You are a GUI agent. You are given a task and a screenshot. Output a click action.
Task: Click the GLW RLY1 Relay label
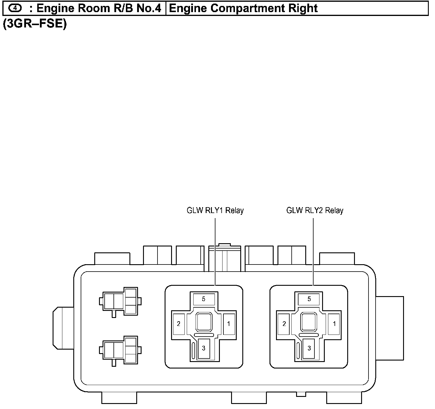tap(215, 211)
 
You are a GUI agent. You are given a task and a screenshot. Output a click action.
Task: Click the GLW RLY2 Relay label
tap(314, 211)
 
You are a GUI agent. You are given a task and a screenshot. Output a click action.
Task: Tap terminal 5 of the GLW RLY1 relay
tap(204, 299)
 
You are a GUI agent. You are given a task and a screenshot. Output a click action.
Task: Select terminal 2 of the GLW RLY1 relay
tap(178, 324)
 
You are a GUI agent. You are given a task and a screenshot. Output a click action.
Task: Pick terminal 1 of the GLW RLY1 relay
tap(228, 324)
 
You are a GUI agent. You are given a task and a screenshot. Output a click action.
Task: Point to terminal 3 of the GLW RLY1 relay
tap(204, 348)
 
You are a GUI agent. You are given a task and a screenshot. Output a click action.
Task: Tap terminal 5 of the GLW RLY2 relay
tap(309, 299)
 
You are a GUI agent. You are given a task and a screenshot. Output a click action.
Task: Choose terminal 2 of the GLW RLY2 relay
tap(284, 324)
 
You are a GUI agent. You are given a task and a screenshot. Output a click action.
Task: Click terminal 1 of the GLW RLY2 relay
tap(334, 324)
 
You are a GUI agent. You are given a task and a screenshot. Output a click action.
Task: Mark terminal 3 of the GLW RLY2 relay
tap(309, 348)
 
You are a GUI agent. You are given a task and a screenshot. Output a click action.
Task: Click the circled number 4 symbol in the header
tap(15, 8)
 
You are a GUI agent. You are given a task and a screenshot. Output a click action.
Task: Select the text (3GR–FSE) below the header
tap(35, 24)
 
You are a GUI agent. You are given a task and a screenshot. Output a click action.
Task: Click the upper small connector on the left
tap(120, 301)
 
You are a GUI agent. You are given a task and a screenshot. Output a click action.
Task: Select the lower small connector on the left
tap(120, 350)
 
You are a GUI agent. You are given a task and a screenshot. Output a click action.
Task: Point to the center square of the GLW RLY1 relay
tap(204, 322)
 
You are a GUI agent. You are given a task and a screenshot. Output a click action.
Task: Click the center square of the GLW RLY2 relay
tap(309, 322)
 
